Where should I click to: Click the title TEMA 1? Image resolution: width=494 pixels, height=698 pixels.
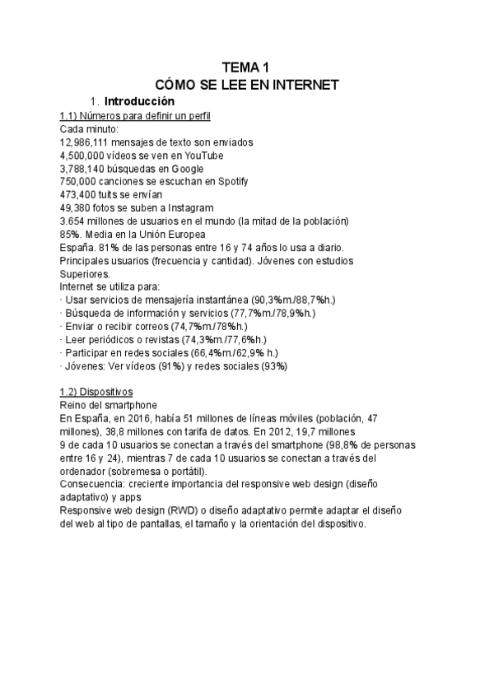[x=246, y=67]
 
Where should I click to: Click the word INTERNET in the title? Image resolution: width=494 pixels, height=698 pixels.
[x=304, y=85]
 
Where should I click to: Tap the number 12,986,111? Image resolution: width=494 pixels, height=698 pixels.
[x=88, y=142]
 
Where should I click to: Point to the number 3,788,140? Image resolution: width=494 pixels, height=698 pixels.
[x=86, y=168]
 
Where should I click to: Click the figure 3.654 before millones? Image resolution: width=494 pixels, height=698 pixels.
[x=75, y=221]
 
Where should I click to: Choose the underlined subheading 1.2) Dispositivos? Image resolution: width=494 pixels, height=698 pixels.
[x=97, y=392]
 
